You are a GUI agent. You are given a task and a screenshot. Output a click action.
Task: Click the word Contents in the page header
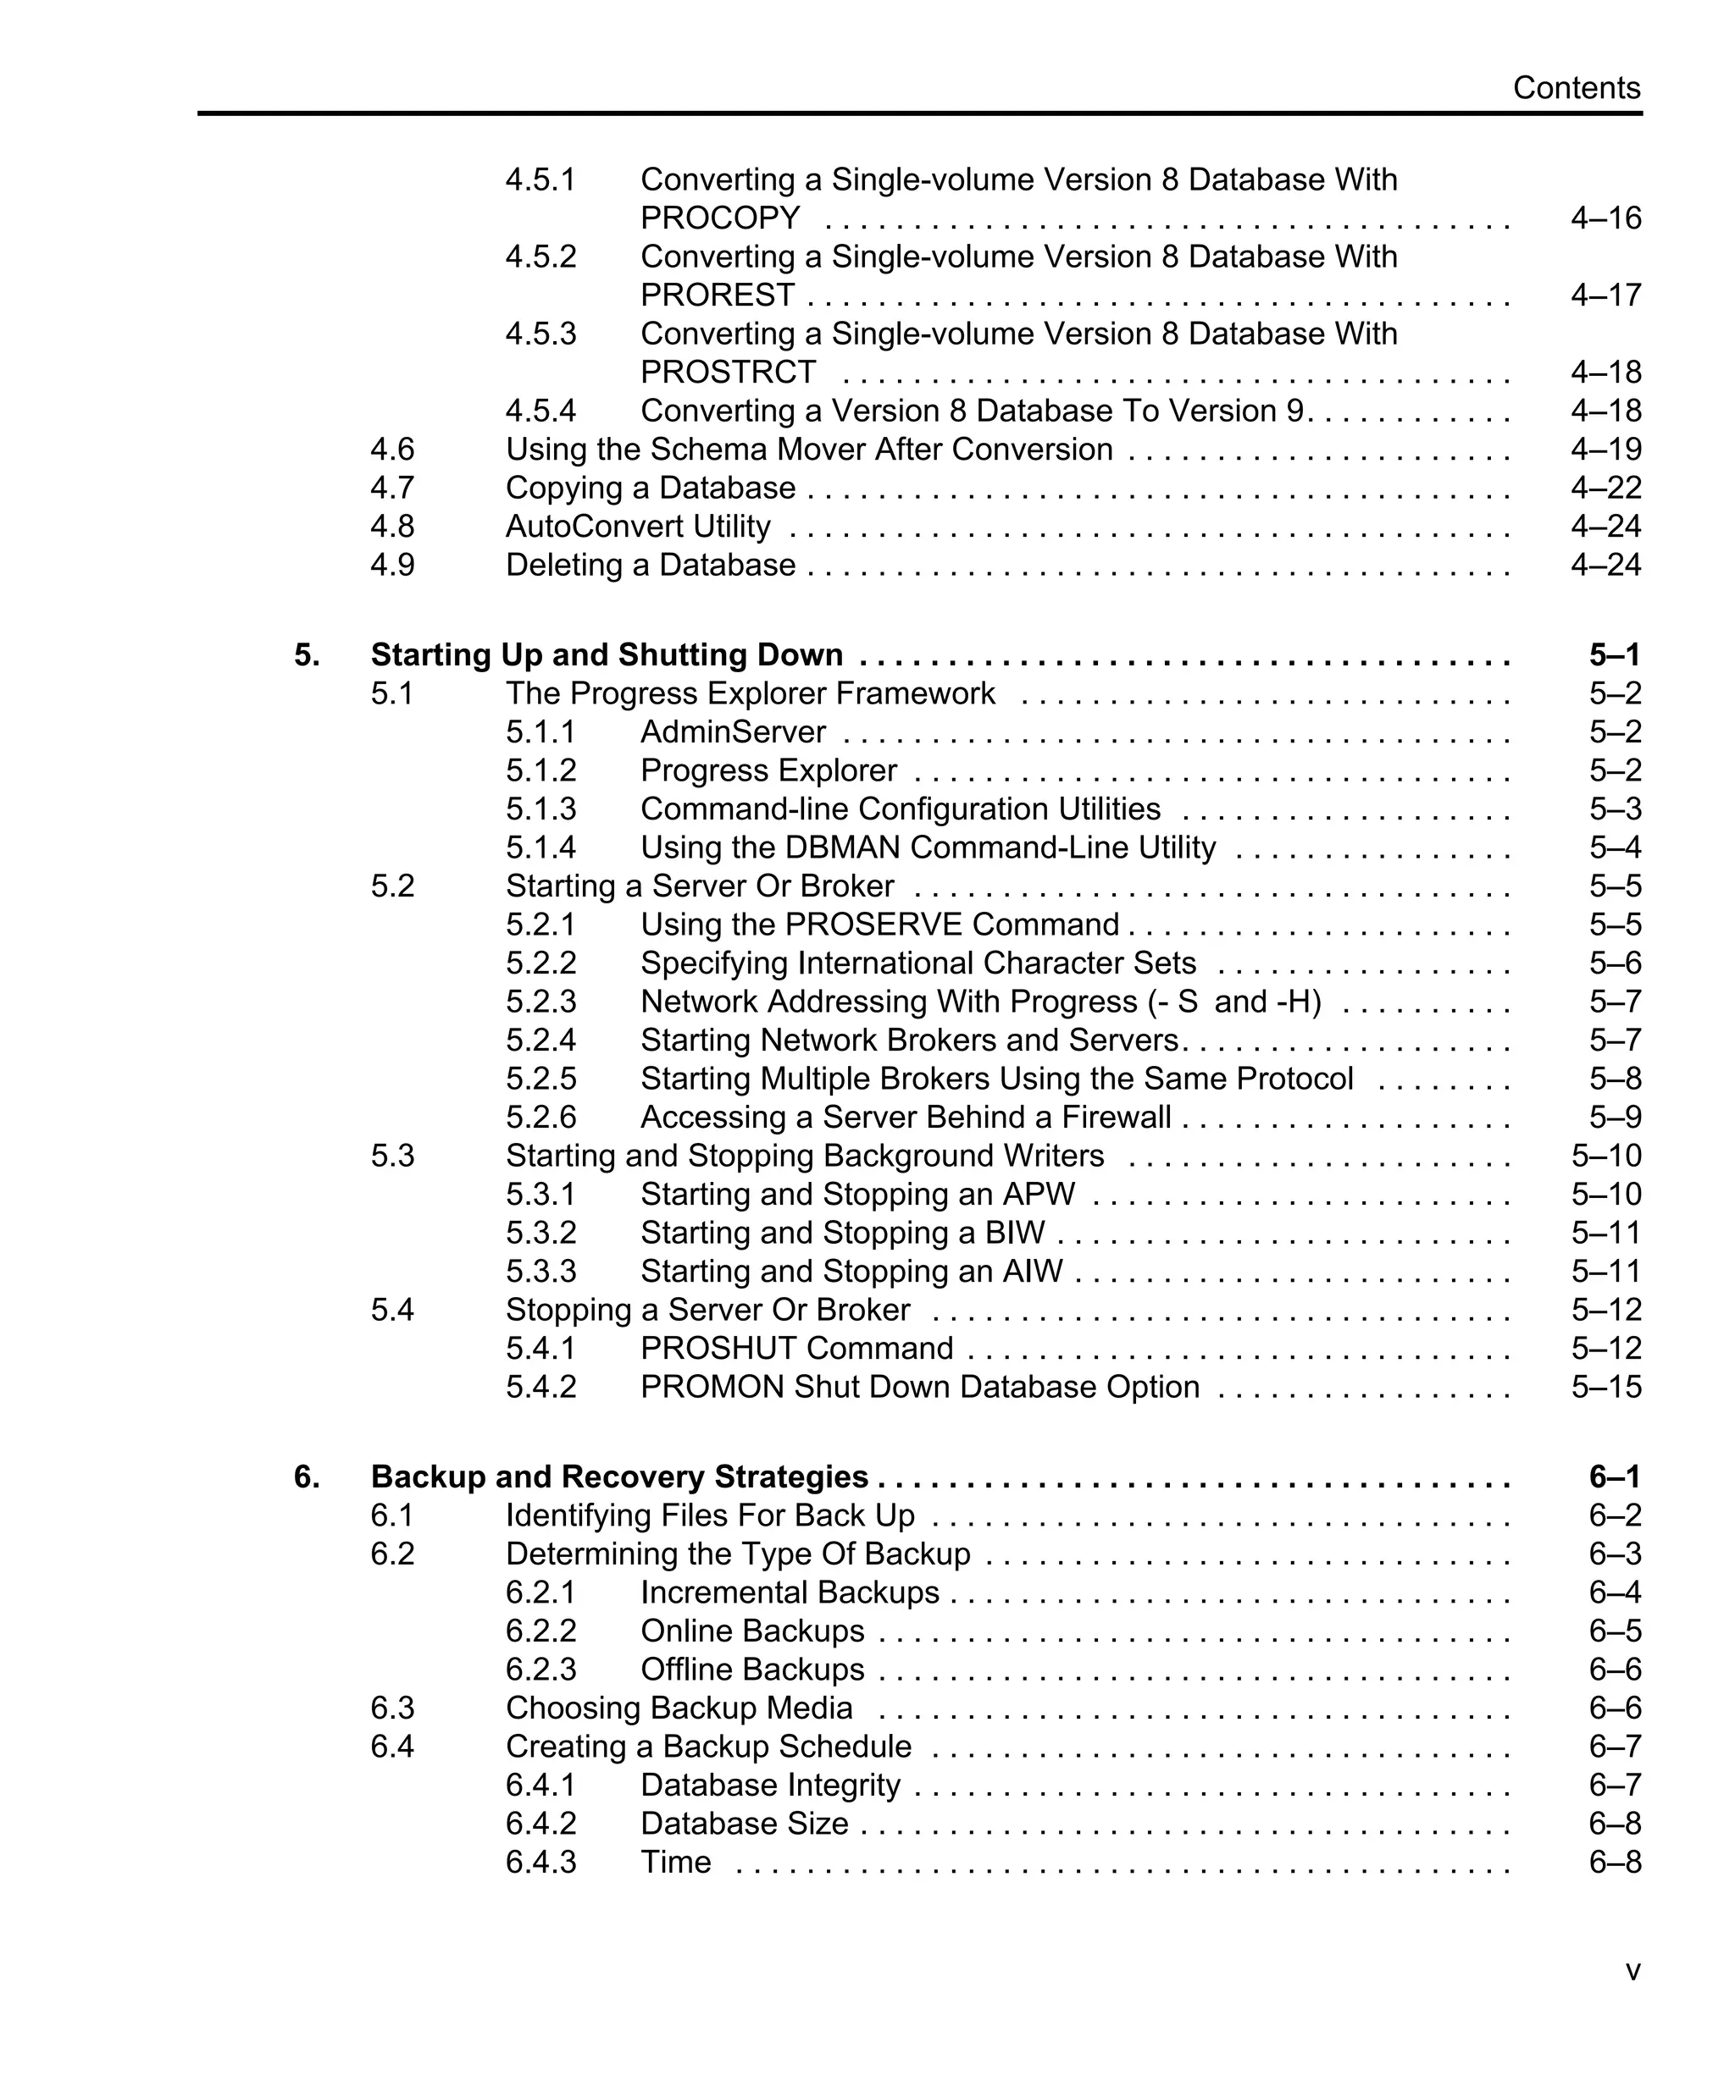pos(1576,88)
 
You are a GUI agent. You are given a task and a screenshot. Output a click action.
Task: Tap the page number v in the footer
pos(1632,1971)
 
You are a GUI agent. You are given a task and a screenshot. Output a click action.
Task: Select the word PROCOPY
pos(720,218)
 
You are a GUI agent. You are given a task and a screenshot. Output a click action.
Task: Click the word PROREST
pos(717,295)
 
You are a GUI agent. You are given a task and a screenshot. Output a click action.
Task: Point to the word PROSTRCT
pos(728,373)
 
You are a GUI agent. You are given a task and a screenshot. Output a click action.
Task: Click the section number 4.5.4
pos(540,411)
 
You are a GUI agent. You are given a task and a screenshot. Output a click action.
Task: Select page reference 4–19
pos(1605,450)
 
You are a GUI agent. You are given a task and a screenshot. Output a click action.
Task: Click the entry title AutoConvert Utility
pos(637,527)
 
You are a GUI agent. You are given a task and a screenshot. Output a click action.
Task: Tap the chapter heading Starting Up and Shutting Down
pos(607,655)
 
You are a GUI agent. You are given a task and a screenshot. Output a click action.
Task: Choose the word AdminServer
pos(733,732)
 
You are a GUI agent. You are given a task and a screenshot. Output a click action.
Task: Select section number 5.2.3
pos(540,1002)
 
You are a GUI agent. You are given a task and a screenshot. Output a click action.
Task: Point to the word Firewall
pos(1117,1118)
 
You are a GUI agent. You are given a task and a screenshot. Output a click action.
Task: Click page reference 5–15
pos(1605,1388)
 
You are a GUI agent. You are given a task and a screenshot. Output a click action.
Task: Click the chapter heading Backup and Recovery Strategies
pos(619,1477)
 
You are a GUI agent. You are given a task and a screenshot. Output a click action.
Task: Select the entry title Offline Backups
pos(752,1670)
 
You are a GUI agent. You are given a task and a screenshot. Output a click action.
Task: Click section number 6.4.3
pos(540,1862)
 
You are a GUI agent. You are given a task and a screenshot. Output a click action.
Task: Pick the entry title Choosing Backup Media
pos(679,1708)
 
